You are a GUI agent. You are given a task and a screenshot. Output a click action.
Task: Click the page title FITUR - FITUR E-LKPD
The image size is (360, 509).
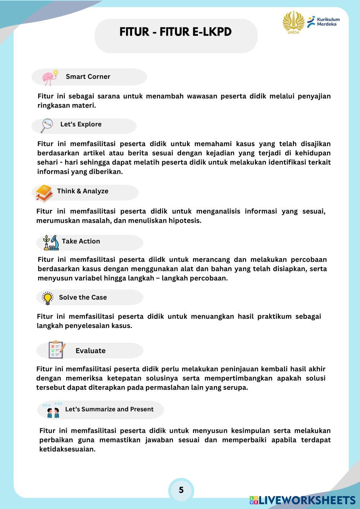175,32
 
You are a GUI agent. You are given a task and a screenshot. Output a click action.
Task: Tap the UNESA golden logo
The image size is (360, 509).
293,22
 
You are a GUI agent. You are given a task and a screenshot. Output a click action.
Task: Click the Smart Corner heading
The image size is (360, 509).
88,77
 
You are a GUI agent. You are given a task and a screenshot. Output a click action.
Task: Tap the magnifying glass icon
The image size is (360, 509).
47,125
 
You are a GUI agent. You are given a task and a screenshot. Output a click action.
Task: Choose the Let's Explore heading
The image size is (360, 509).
81,124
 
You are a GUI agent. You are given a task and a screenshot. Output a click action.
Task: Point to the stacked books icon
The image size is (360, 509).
44,193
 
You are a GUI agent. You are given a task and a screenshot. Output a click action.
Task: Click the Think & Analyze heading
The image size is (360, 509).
82,191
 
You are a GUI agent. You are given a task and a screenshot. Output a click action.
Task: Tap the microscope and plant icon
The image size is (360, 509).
50,243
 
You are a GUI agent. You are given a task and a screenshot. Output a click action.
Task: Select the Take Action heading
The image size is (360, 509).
81,241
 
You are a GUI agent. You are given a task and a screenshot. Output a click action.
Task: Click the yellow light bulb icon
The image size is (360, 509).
48,298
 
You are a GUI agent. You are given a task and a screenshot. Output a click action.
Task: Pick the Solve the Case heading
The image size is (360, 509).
83,297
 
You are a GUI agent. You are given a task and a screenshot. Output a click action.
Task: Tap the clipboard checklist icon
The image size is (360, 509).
57,349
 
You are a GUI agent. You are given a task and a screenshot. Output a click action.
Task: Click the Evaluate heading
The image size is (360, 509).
90,351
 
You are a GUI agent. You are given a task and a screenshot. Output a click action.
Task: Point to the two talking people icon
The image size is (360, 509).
53,410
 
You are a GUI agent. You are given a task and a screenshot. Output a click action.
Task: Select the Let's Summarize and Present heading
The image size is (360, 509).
109,409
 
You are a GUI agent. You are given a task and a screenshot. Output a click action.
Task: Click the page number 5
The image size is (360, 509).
181,490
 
